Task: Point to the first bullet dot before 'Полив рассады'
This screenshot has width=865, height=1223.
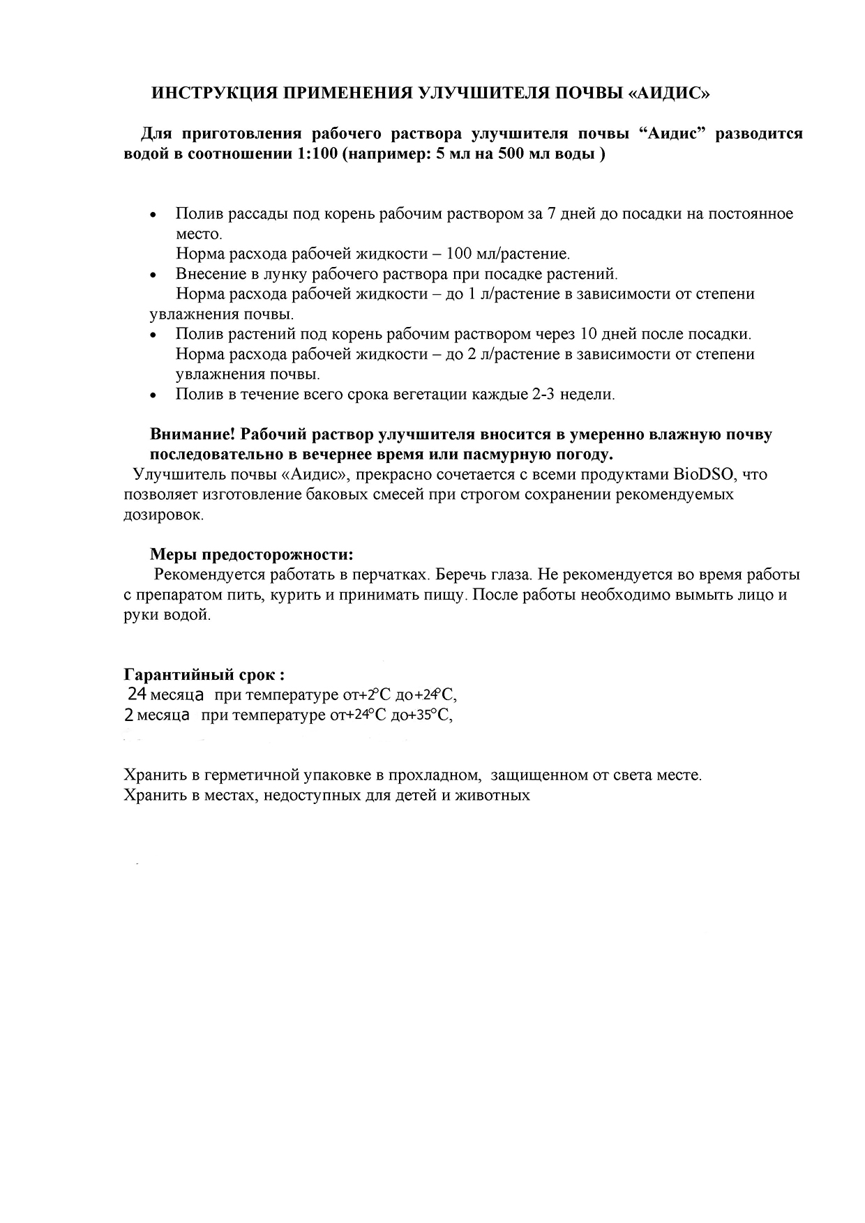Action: point(154,215)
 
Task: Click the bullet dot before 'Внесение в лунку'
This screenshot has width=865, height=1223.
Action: point(154,275)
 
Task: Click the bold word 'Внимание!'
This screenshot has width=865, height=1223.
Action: point(192,434)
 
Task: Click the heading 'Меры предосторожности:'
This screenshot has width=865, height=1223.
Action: point(252,555)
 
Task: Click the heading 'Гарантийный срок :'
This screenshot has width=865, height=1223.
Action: point(204,675)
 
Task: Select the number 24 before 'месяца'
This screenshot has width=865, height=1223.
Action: point(137,694)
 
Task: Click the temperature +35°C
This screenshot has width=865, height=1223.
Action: point(430,715)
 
